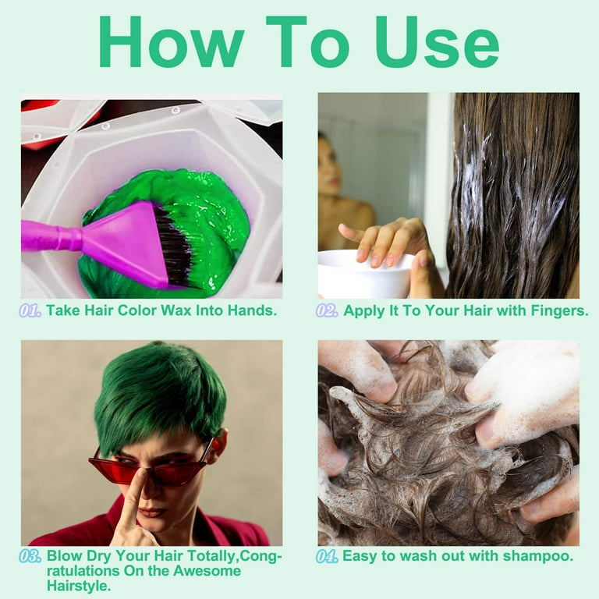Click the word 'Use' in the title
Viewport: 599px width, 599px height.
[437, 42]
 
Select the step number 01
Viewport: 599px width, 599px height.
[30, 310]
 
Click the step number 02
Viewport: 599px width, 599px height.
[327, 310]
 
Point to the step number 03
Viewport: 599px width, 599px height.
[30, 556]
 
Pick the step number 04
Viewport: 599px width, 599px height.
[327, 556]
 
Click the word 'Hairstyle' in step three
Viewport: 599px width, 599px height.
[76, 586]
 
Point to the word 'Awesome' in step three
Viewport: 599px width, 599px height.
[207, 571]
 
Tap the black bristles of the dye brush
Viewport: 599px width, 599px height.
[175, 245]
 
